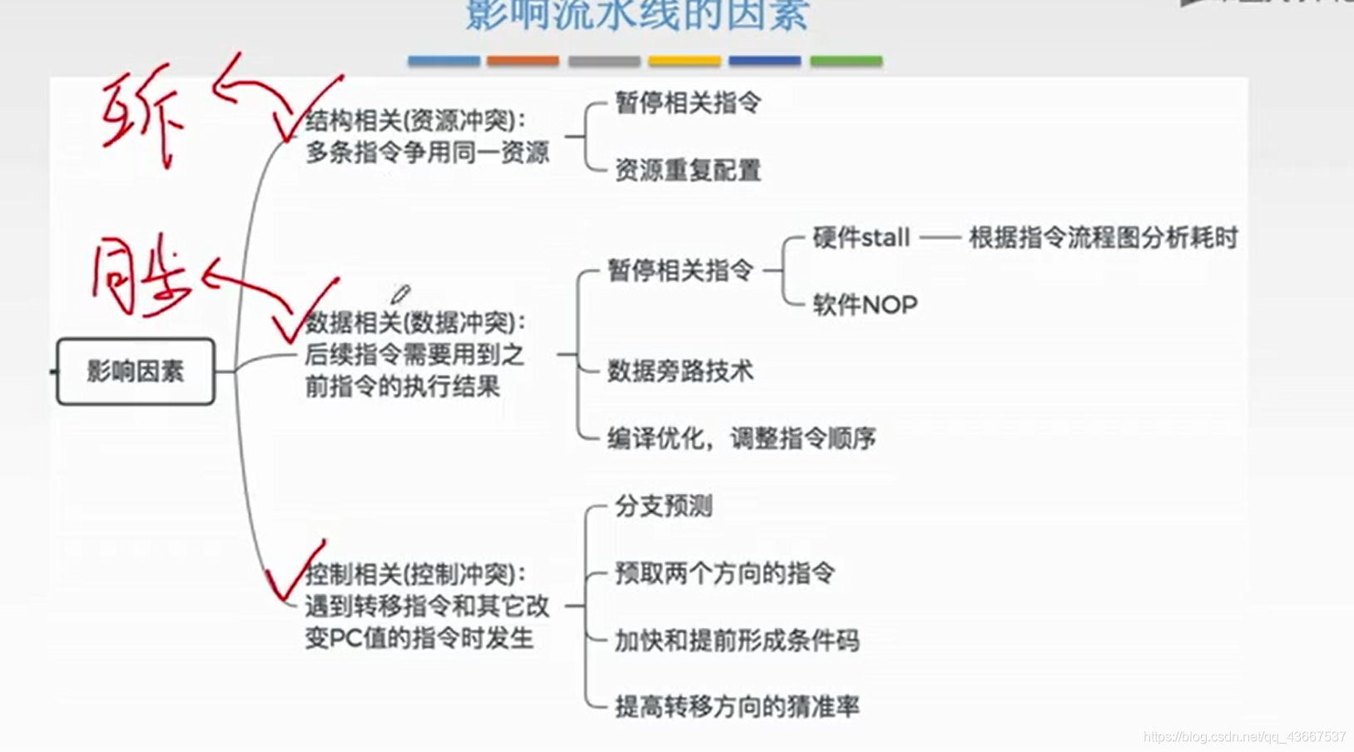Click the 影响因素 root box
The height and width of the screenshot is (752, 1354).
coord(135,371)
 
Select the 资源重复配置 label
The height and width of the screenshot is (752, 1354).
coord(687,170)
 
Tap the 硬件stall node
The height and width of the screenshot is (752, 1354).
coord(861,238)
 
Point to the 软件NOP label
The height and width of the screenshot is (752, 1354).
coord(865,305)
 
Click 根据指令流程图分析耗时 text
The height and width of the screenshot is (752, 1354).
coord(1103,238)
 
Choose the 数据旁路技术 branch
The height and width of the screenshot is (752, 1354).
coord(680,371)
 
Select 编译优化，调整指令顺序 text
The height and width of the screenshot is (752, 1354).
coord(741,438)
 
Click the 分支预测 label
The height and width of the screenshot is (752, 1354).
coord(663,505)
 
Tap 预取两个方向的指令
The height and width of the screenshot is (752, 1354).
coord(724,573)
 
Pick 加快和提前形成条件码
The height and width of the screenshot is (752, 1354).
coord(737,640)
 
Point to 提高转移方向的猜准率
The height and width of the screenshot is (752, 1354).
coord(737,707)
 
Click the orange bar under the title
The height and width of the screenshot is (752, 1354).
coord(523,61)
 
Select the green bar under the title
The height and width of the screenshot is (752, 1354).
coord(846,61)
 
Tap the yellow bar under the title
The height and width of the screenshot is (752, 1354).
coord(684,61)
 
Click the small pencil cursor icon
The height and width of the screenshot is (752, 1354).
coord(401,294)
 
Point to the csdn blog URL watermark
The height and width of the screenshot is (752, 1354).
coord(1244,737)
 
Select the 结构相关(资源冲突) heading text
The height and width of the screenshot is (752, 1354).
coord(415,122)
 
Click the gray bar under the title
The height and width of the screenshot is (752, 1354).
coord(604,61)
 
